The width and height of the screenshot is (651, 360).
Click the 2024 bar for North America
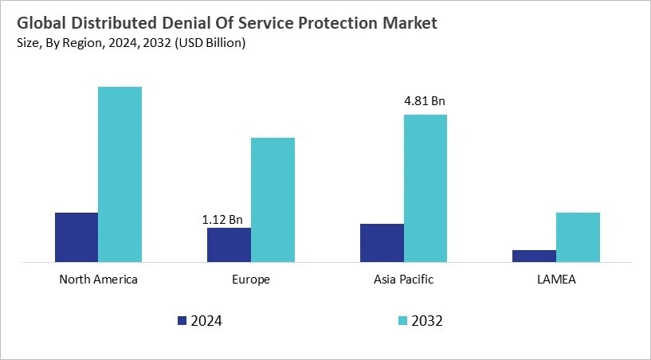76,237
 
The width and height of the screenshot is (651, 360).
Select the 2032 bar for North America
120,174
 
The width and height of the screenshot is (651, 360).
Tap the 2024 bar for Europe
229,245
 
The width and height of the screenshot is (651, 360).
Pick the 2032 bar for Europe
273,199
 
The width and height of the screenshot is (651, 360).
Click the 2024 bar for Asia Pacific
382,242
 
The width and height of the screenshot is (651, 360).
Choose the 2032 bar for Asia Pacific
426,188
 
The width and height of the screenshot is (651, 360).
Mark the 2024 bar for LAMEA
534,256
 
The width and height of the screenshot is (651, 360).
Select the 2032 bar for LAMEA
578,237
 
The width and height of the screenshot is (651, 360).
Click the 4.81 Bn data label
425,101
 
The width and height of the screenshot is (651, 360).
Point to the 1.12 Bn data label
222,219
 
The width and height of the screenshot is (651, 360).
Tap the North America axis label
99,280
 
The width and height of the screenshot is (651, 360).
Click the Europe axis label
251,280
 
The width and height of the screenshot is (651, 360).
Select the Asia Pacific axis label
403,280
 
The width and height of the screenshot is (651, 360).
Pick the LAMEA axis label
556,280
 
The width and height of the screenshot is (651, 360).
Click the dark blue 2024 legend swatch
181,321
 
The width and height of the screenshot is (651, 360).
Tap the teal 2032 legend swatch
402,321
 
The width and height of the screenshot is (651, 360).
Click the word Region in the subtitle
68,43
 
